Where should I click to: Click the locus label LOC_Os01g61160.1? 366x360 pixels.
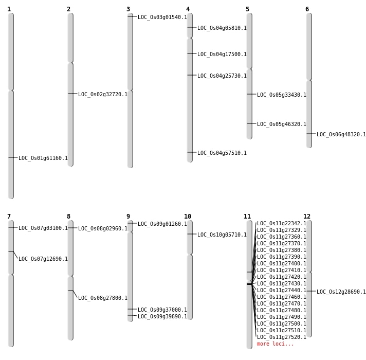[43, 158]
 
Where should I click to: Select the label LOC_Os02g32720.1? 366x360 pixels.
[103, 95]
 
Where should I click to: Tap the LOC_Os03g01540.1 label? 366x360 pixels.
[162, 17]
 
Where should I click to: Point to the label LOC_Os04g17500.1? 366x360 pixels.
[222, 55]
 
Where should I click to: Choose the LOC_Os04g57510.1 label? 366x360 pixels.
[222, 153]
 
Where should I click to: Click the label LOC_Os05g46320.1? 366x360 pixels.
[282, 124]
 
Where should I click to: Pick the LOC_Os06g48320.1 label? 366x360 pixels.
[341, 135]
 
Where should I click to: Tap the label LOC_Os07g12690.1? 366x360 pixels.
[43, 259]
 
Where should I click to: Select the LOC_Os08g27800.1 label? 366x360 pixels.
[103, 298]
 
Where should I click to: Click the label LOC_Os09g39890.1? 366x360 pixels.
[162, 317]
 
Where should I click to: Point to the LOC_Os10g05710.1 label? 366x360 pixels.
[222, 235]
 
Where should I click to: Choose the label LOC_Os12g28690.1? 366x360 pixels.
[341, 292]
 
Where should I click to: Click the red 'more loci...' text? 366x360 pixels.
[276, 344]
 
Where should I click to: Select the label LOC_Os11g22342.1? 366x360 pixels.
[282, 224]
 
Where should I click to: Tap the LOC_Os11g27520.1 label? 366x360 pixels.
[282, 337]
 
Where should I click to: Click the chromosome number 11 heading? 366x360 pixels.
[247, 217]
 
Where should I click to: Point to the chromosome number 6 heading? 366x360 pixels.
[307, 9]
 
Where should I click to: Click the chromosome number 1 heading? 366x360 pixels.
[9, 9]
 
